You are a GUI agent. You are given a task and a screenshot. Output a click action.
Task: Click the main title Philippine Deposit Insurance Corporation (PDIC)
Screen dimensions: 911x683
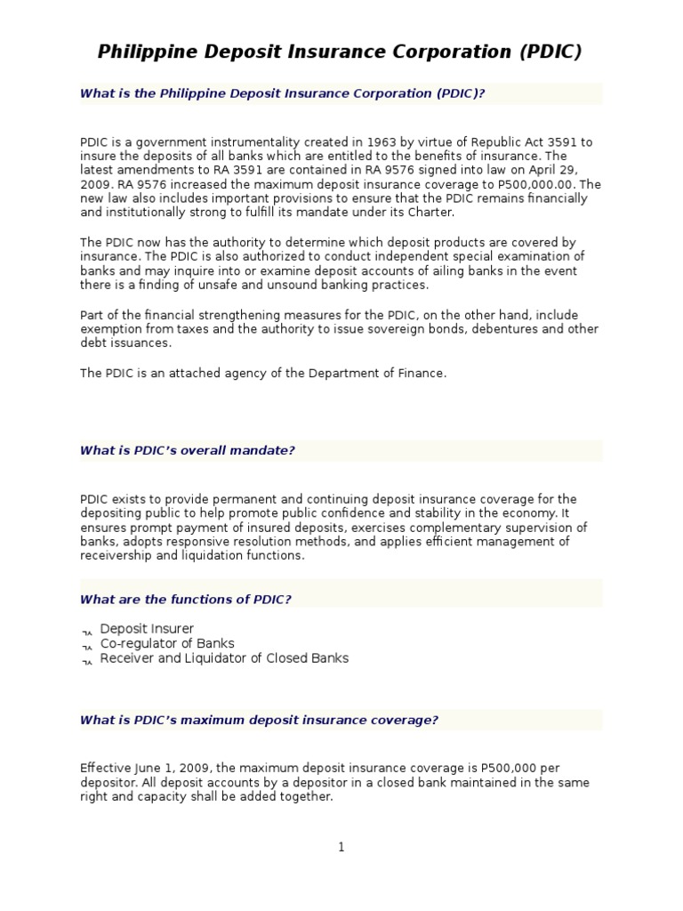tap(340, 52)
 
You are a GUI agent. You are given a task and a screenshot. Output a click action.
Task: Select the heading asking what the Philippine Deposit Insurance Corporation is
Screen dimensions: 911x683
tap(282, 93)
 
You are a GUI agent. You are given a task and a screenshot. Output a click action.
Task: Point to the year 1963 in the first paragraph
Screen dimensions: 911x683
tap(358, 141)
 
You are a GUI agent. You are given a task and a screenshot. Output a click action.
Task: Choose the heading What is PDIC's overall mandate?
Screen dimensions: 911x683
tap(187, 450)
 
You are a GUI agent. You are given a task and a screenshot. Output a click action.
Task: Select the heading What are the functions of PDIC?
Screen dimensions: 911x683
tap(185, 599)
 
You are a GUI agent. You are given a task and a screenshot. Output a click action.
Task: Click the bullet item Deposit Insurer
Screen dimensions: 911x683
tap(147, 629)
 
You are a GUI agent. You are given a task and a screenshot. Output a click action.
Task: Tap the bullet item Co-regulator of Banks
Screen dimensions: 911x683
tap(167, 643)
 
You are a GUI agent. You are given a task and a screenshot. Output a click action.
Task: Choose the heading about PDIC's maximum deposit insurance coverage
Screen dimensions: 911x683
tap(259, 720)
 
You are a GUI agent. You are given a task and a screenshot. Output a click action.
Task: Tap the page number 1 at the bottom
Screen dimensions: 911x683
tap(341, 847)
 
